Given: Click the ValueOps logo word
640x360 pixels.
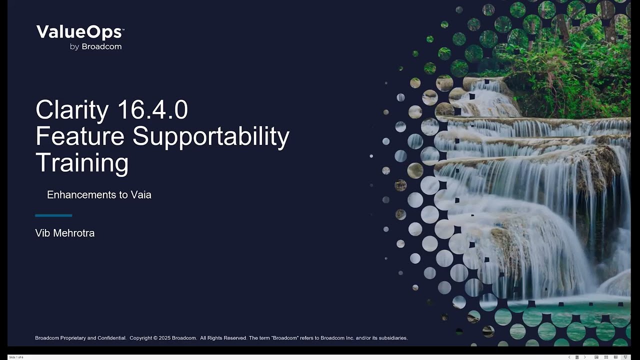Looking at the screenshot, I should (79, 32).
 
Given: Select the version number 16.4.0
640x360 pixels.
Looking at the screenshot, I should (152, 110).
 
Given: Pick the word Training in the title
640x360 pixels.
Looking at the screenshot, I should (82, 162).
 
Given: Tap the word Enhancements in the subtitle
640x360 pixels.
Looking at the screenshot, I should (80, 195).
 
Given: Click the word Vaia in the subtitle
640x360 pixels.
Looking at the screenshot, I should (141, 195).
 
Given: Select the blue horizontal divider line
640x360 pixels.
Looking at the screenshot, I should (53, 215).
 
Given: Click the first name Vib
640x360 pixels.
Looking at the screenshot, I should (42, 233).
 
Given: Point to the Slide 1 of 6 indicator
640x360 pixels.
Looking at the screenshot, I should (16, 357).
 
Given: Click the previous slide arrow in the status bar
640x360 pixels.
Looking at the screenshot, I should (569, 357).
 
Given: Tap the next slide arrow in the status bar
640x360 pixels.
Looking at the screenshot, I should (584, 357).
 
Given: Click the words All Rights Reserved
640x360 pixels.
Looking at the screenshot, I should (223, 338).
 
